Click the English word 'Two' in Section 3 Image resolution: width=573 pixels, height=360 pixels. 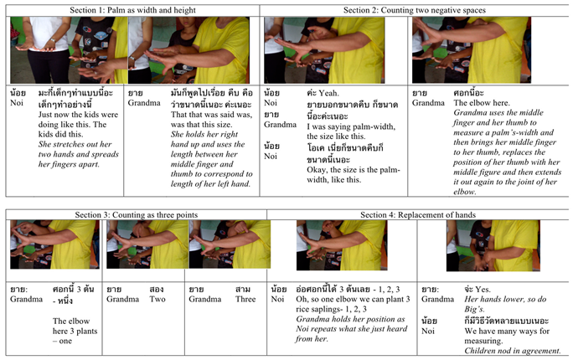(x=156, y=298)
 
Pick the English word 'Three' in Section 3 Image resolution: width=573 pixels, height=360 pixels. (x=245, y=298)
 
